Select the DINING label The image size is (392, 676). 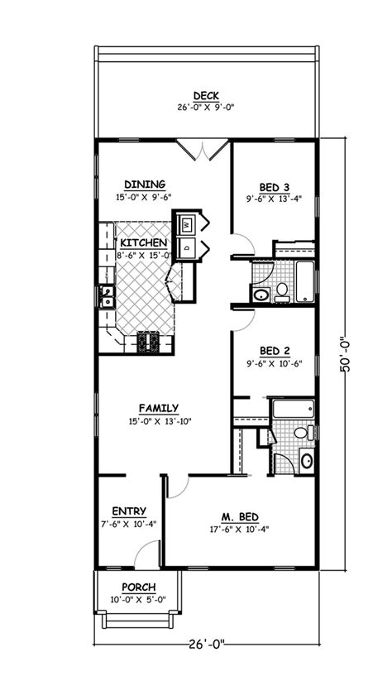click(145, 185)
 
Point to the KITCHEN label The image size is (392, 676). click(145, 243)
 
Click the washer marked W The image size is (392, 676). click(187, 223)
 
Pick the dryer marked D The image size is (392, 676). click(187, 246)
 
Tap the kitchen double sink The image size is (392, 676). click(106, 295)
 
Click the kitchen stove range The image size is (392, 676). click(152, 340)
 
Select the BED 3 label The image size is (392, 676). click(274, 187)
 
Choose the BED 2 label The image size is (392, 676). click(274, 349)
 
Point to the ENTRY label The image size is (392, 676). click(129, 511)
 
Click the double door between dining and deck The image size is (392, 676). click(203, 150)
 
